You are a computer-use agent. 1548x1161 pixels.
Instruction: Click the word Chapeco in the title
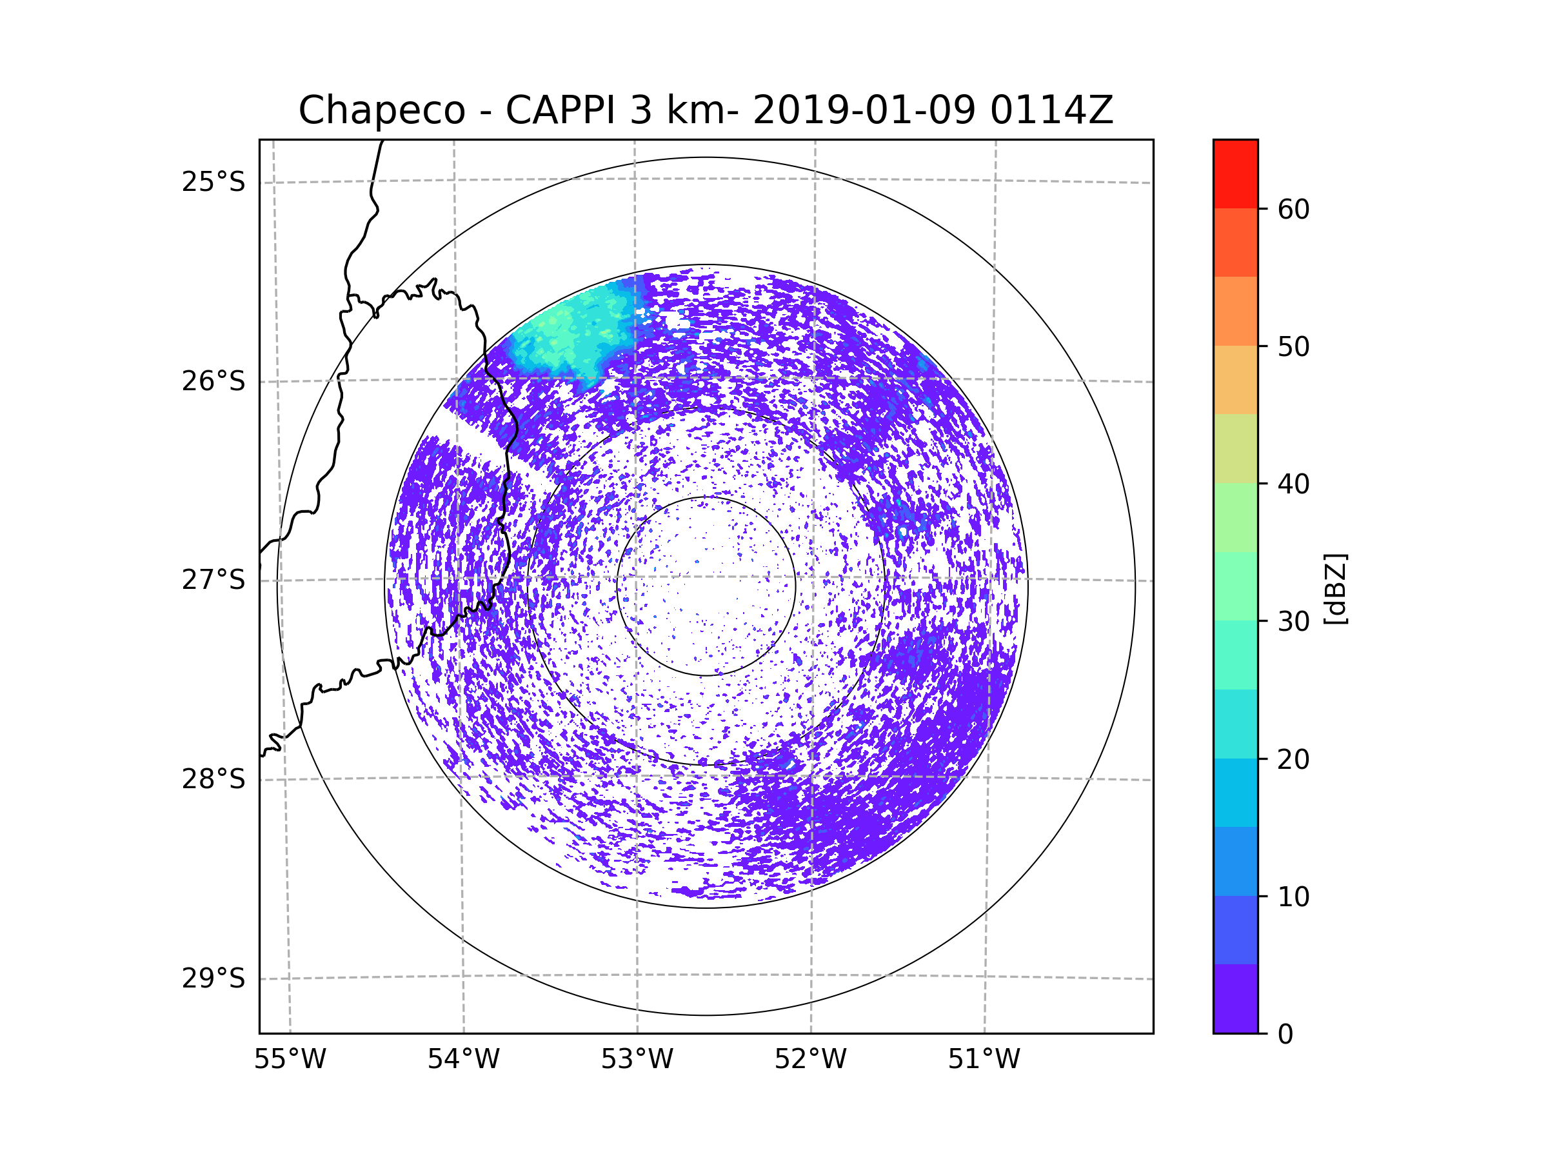381,110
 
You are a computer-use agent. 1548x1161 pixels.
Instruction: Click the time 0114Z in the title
1051,110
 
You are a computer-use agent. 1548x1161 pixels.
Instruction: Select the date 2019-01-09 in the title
864,110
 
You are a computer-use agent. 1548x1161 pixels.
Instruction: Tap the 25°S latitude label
213,182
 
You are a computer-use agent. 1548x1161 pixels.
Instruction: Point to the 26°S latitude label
213,381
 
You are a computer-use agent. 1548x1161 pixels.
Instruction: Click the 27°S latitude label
213,580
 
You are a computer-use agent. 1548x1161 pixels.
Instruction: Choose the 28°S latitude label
213,779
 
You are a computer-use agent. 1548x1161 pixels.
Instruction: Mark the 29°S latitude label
213,978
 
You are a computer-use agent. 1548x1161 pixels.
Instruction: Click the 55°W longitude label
290,1060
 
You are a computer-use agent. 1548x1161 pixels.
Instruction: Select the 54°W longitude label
463,1060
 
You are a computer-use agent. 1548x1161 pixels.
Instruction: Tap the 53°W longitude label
637,1060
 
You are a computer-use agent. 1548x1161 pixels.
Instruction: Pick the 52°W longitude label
810,1060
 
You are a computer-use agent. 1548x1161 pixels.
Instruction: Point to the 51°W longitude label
984,1060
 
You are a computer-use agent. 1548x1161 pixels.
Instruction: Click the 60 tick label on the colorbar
1293,209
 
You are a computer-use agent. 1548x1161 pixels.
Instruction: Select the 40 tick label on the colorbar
1293,484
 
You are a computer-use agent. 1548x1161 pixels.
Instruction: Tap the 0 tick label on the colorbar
1285,1035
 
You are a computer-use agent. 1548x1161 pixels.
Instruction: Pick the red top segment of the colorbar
1235,174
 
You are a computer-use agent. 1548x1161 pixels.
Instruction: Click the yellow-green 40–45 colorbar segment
1235,448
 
